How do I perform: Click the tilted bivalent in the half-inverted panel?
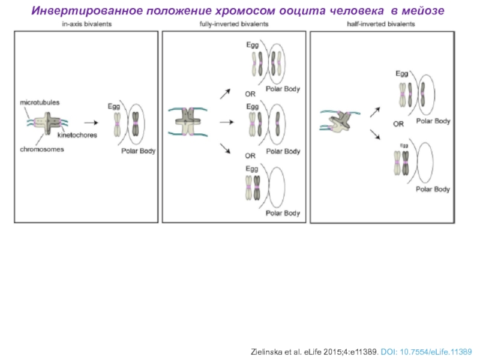(340, 120)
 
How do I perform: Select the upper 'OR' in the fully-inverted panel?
(250, 94)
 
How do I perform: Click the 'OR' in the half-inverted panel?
(398, 125)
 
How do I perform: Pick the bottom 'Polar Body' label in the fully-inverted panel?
(283, 213)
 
